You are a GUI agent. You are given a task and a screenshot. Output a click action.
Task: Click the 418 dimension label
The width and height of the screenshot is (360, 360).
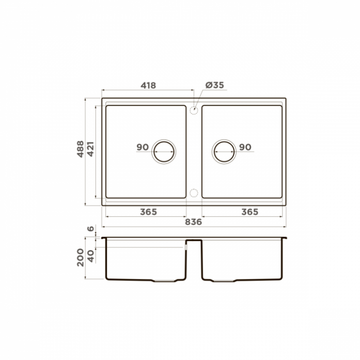pyautogui.click(x=148, y=85)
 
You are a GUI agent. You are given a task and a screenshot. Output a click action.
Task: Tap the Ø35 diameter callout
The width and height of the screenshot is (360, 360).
pyautogui.click(x=215, y=85)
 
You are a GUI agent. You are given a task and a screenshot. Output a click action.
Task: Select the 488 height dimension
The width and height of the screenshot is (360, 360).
pyautogui.click(x=81, y=149)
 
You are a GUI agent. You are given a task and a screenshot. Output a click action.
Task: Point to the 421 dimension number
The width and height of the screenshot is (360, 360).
pyautogui.click(x=91, y=149)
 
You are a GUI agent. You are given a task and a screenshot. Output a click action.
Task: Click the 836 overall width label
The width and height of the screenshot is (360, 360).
pyautogui.click(x=194, y=222)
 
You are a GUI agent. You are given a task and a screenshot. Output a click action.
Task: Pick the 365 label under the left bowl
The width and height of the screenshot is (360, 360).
pyautogui.click(x=149, y=212)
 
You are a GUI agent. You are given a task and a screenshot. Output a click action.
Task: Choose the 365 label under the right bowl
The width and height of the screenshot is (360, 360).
pyautogui.click(x=250, y=212)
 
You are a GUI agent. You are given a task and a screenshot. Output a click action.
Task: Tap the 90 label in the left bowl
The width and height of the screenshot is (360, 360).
pyautogui.click(x=143, y=147)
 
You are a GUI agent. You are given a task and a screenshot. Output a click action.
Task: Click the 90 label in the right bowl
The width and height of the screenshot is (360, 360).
pyautogui.click(x=245, y=147)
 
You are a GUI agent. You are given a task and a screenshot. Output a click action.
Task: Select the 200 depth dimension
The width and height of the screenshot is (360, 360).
pyautogui.click(x=81, y=257)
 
